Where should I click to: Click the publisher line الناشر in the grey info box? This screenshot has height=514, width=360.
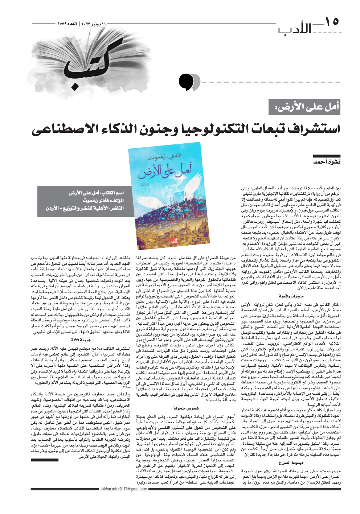[x=85, y=208]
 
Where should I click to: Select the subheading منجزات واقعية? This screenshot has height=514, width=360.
[x=291, y=296]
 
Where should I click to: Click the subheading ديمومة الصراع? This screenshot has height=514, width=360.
[x=291, y=462]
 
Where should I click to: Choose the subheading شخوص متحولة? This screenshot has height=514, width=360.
[x=186, y=408]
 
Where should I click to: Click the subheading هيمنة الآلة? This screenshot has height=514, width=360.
[x=81, y=340]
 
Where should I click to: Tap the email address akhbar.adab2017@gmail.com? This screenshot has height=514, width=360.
[x=124, y=489]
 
